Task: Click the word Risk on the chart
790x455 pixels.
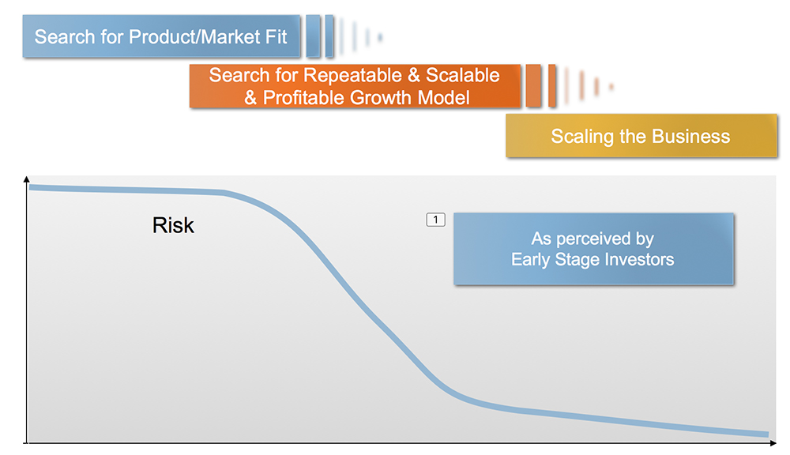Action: tap(173, 225)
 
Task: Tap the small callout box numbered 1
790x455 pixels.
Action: tap(436, 220)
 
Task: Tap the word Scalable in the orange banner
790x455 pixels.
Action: tap(462, 75)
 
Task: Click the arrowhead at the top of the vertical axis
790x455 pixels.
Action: tap(27, 179)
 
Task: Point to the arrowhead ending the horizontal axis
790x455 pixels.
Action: tap(773, 443)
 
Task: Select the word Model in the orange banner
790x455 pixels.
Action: tap(444, 97)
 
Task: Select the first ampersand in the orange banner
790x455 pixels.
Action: tap(414, 75)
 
